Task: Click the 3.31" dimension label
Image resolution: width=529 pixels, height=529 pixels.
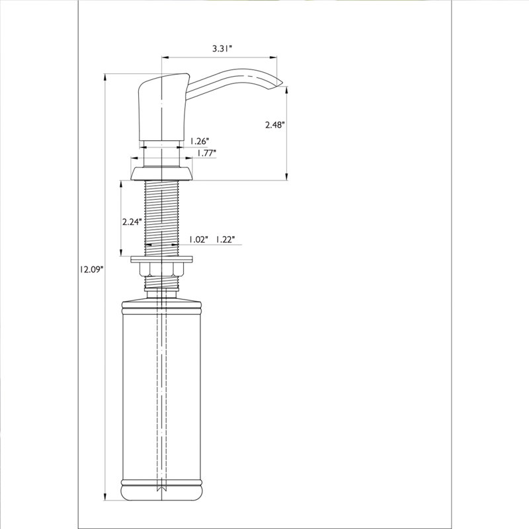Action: [223, 48]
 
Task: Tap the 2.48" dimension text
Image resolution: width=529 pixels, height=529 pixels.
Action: [275, 125]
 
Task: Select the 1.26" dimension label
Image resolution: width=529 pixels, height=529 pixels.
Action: [200, 140]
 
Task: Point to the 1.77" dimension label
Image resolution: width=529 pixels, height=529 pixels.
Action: [206, 153]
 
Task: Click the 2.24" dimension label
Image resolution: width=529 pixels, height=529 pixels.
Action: [132, 222]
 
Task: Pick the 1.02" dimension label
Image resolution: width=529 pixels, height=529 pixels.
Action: [198, 239]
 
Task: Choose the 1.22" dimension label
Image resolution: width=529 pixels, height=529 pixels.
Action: [225, 239]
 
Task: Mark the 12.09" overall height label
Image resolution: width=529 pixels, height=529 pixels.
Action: [91, 269]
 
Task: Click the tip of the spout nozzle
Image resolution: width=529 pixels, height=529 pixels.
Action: [283, 83]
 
